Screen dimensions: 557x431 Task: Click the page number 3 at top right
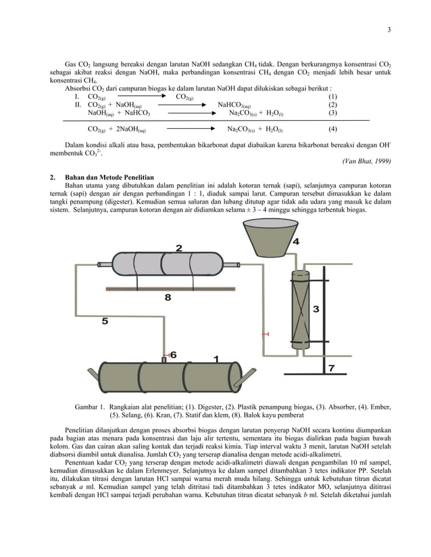pyautogui.click(x=389, y=29)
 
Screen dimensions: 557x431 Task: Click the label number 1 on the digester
pyautogui.click(x=215, y=359)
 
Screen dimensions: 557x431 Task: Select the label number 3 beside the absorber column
pyautogui.click(x=315, y=309)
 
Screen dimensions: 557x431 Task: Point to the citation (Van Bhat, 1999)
pyautogui.click(x=366, y=160)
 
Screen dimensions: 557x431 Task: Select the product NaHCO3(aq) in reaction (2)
pyautogui.click(x=234, y=105)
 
